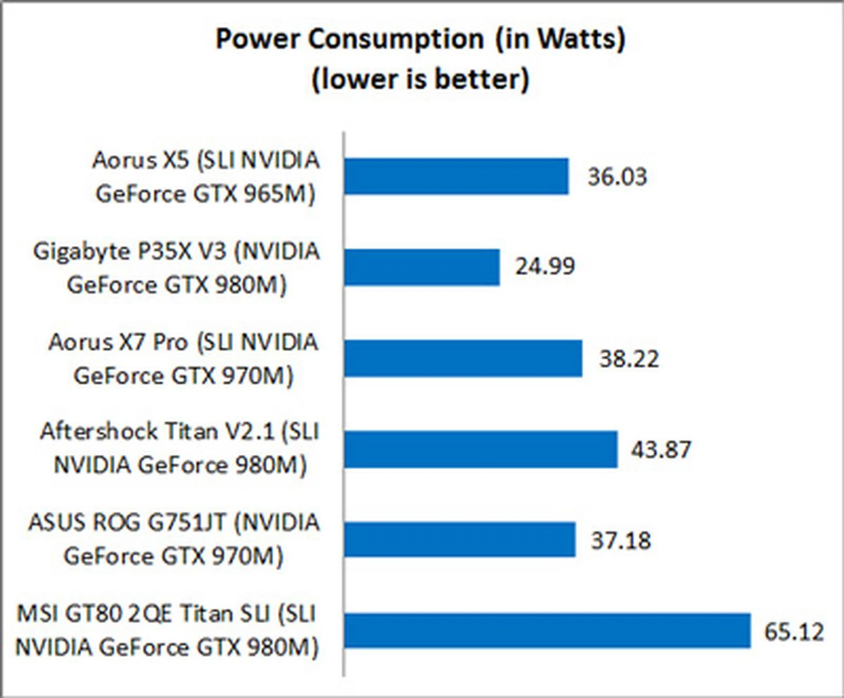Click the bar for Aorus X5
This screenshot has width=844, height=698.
456,176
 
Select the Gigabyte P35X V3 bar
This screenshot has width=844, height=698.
422,267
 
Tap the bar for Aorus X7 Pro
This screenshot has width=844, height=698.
463,358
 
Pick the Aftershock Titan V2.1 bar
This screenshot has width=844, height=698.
480,449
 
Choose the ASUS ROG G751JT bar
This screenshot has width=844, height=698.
460,540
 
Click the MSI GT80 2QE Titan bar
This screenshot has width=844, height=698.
547,631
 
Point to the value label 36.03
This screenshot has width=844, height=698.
617,177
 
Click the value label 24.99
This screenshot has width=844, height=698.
545,266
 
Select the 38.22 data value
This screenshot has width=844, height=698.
629,358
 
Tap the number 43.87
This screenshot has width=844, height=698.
661,449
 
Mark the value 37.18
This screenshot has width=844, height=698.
621,540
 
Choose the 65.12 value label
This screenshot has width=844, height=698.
794,632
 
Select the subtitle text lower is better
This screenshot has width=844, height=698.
421,80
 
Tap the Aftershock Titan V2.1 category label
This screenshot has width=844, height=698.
179,448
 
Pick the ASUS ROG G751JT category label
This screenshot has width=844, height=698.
174,539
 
